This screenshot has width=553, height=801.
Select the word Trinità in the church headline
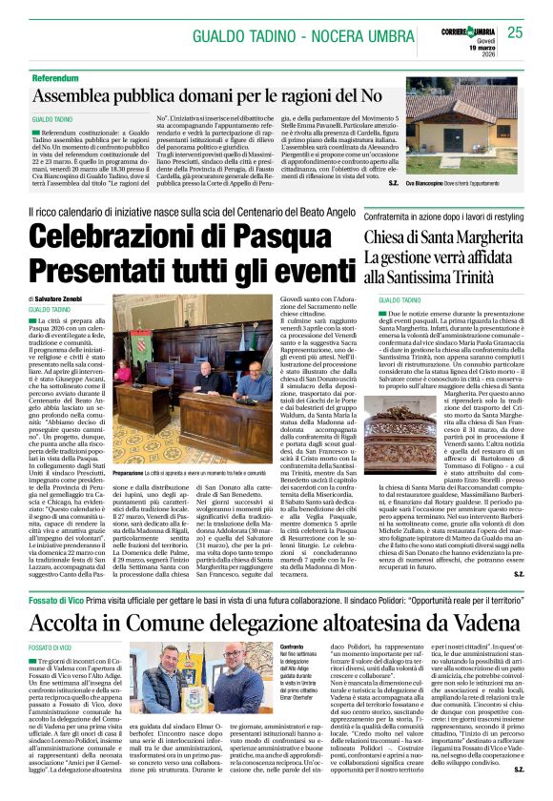[493, 277]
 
